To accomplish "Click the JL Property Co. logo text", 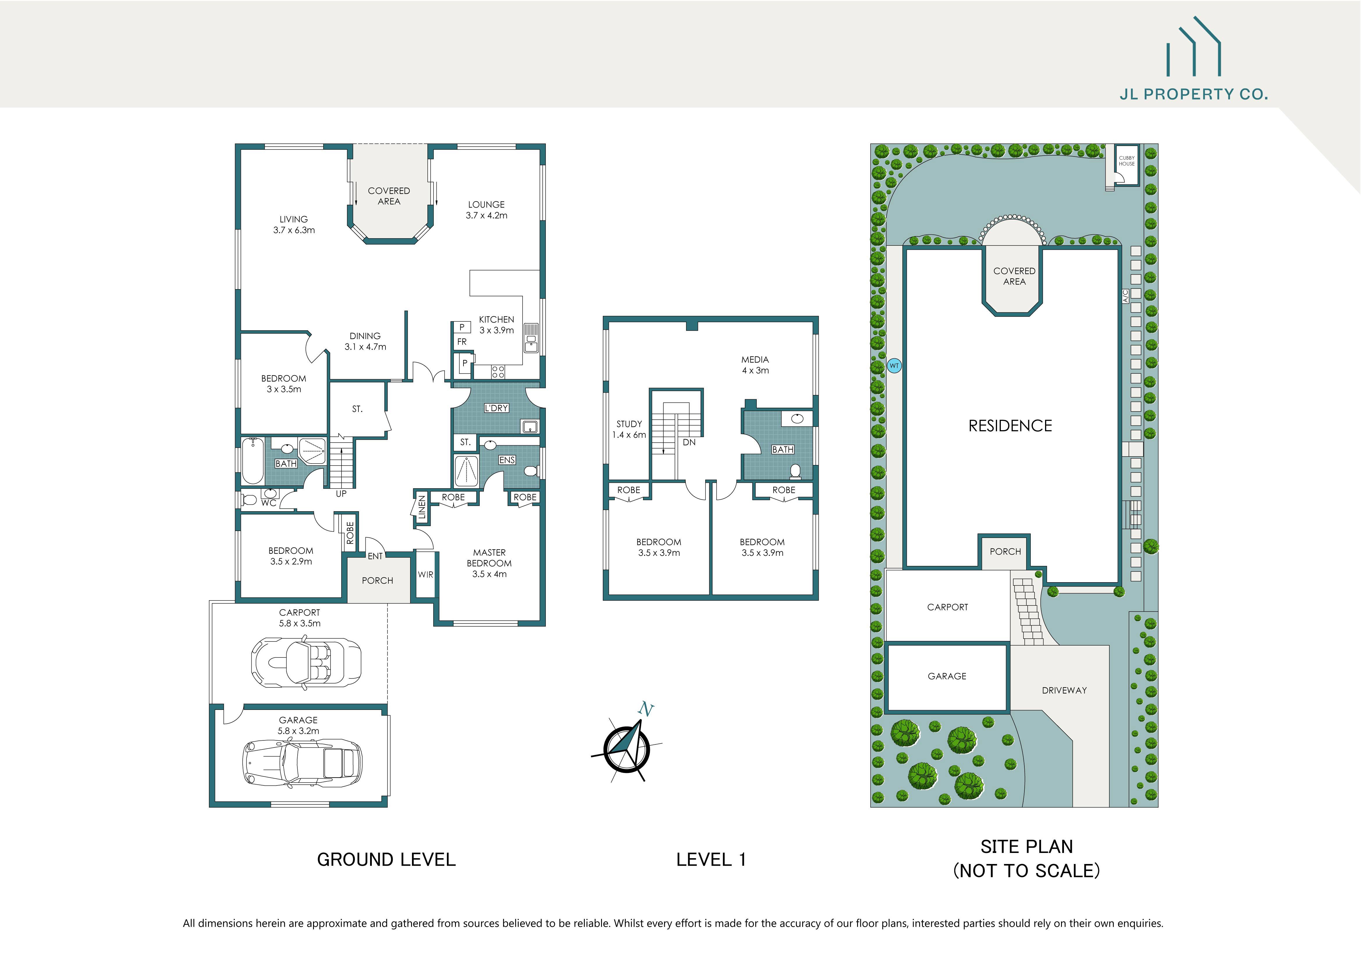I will pyautogui.click(x=1193, y=94).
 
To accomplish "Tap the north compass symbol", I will pyautogui.click(x=627, y=748).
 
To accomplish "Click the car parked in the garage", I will pyautogui.click(x=302, y=763).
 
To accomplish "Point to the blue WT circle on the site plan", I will pyautogui.click(x=894, y=366).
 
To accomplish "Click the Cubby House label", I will pyautogui.click(x=1126, y=161).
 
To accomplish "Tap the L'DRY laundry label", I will pyautogui.click(x=496, y=408).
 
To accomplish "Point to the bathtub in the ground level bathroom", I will pyautogui.click(x=253, y=461).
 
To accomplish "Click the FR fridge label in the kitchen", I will pyautogui.click(x=462, y=342).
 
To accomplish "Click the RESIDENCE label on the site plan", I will pyautogui.click(x=1010, y=426).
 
